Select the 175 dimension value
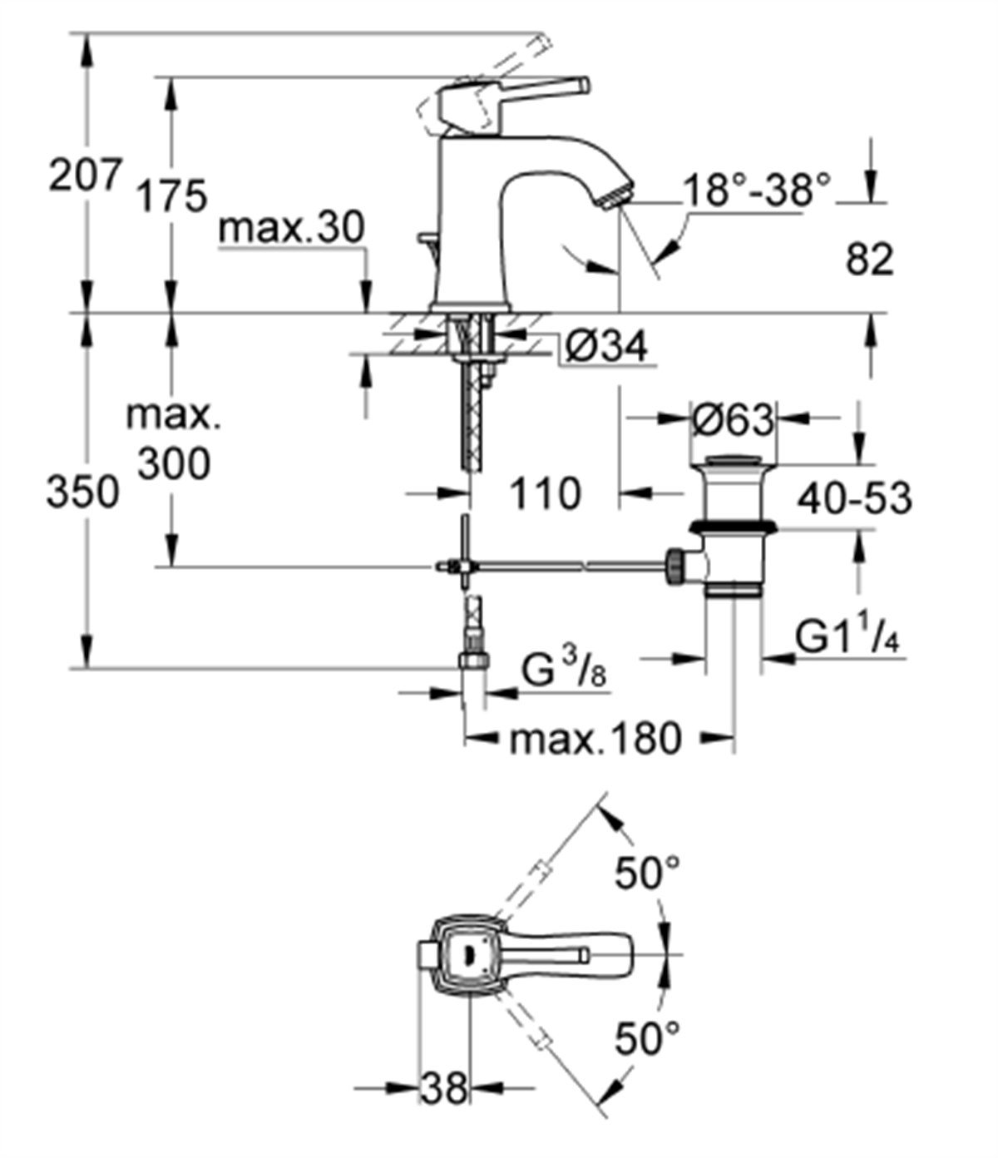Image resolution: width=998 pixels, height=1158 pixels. [170, 197]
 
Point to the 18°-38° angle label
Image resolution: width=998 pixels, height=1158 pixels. [757, 191]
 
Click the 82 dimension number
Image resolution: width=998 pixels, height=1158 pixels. [869, 260]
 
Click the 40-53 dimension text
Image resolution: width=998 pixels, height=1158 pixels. [854, 498]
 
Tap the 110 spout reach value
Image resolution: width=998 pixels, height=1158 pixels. [544, 494]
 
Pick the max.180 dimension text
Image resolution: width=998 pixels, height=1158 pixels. [595, 737]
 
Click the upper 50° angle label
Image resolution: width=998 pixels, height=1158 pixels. [647, 874]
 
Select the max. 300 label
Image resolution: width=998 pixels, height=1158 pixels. [174, 438]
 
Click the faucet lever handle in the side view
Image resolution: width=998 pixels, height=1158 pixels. [532, 90]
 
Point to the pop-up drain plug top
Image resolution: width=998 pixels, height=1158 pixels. [731, 460]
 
